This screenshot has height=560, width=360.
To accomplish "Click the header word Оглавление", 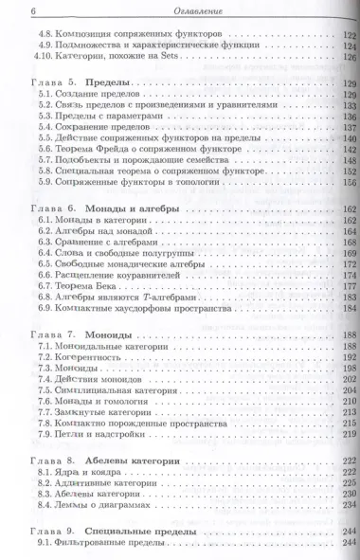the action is click(180, 11).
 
